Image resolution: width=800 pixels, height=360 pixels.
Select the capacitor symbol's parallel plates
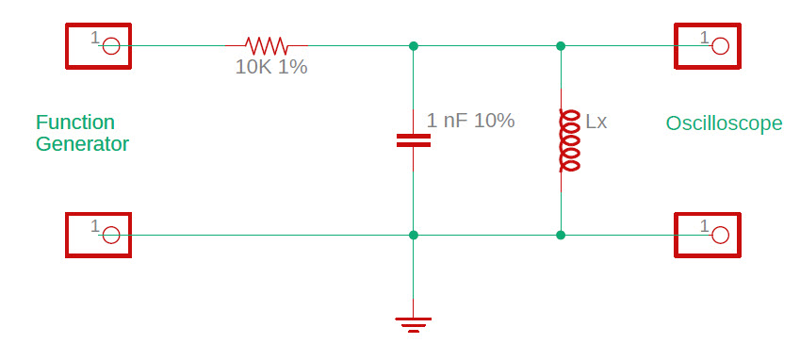click(x=413, y=140)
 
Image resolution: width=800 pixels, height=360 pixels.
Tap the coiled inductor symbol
click(x=569, y=140)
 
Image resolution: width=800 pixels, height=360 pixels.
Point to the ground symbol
click(x=413, y=324)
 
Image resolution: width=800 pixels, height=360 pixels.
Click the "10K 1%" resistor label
click(x=271, y=68)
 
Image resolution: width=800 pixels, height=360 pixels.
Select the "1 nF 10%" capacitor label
click(x=470, y=121)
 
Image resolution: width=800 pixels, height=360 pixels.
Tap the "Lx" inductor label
click(x=596, y=122)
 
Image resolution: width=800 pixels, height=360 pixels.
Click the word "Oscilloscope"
click(x=724, y=123)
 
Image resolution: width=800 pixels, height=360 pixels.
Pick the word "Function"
click(x=75, y=123)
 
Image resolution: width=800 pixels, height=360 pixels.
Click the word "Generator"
click(x=82, y=144)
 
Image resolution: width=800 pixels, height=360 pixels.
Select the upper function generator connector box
click(x=98, y=45)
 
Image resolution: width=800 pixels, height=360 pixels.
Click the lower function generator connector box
click(x=98, y=235)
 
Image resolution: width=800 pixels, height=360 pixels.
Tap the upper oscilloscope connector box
click(x=708, y=45)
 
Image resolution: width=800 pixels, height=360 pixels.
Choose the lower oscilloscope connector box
click(x=708, y=235)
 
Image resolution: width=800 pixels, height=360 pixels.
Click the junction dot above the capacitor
click(x=413, y=45)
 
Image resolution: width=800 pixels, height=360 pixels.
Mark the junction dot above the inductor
click(x=561, y=45)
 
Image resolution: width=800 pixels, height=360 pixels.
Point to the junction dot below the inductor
click(x=561, y=235)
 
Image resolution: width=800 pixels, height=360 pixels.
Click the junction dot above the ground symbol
click(x=413, y=235)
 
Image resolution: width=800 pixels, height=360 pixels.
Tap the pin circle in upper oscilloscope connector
click(x=720, y=45)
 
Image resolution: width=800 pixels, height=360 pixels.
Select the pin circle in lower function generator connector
click(x=110, y=235)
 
